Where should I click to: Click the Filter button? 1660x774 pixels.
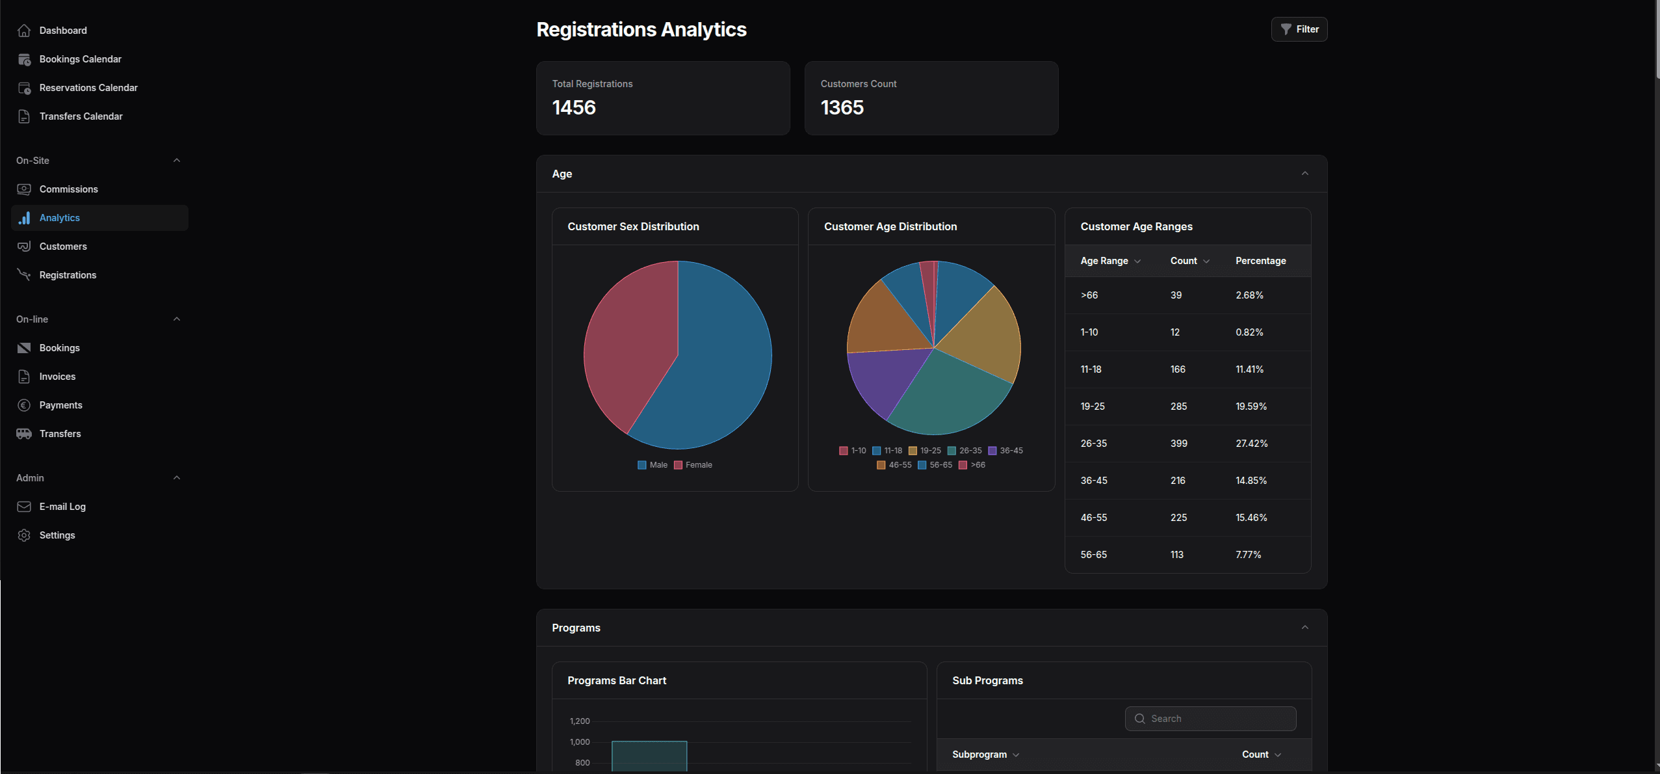pyautogui.click(x=1299, y=29)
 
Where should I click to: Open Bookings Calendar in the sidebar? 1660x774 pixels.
pyautogui.click(x=80, y=59)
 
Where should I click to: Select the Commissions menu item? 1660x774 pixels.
pyautogui.click(x=68, y=189)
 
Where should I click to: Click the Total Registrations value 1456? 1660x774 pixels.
pyautogui.click(x=573, y=107)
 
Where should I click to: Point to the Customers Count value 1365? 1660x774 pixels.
pyautogui.click(x=842, y=107)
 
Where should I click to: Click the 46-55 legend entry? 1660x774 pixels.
pyautogui.click(x=894, y=465)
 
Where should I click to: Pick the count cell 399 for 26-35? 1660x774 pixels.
pyautogui.click(x=1178, y=444)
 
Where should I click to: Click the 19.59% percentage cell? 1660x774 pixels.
pyautogui.click(x=1251, y=407)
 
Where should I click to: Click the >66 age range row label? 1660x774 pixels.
pyautogui.click(x=1089, y=295)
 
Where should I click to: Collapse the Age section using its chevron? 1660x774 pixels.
pyautogui.click(x=1304, y=174)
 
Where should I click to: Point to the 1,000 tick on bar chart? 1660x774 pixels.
pyautogui.click(x=580, y=742)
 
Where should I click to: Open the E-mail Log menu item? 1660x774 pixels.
pyautogui.click(x=62, y=507)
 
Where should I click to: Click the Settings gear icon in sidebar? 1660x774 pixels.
pyautogui.click(x=24, y=535)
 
